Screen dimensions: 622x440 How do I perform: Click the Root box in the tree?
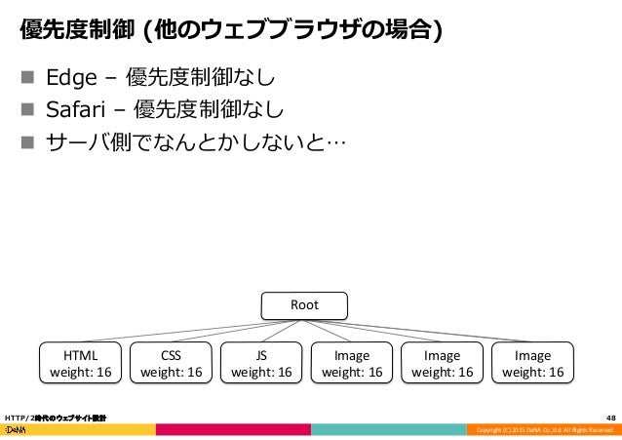304,305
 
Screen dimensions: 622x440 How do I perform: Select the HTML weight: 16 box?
80,363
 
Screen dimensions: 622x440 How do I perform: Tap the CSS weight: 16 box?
171,363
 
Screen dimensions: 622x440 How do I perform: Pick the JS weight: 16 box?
260,363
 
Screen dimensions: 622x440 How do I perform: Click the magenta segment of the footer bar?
234,430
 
